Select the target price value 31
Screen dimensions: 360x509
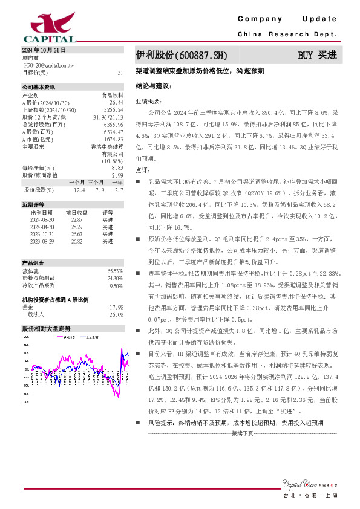coord(120,73)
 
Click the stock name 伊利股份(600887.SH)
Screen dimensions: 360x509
coord(182,55)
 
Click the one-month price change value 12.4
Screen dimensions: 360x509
coord(80,190)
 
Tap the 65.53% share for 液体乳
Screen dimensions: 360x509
coord(115,271)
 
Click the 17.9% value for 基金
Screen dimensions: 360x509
coord(116,306)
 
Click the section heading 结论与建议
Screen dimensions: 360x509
coord(154,86)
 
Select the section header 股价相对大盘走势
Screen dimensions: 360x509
coord(46,328)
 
